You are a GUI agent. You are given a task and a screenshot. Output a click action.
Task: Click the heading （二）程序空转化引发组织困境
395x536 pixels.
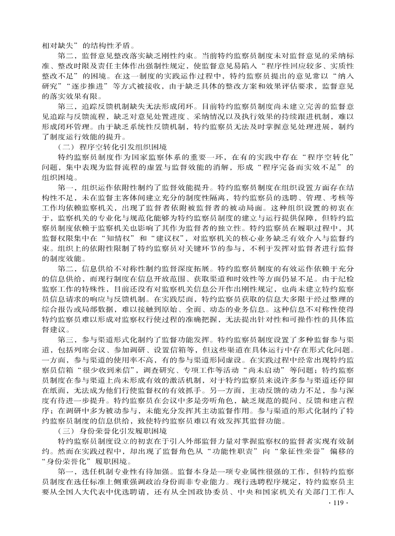point(113,147)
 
